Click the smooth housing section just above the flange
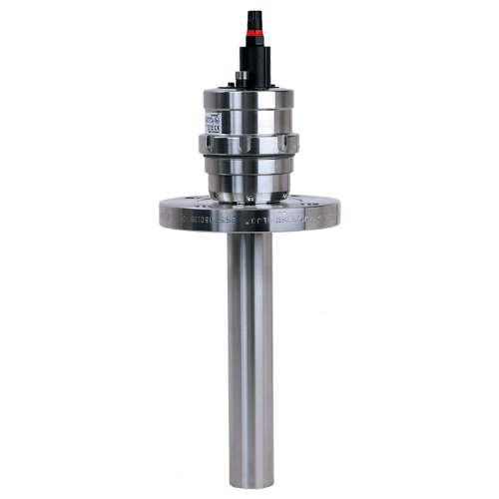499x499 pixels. [249, 180]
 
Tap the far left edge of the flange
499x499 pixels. [161, 212]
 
